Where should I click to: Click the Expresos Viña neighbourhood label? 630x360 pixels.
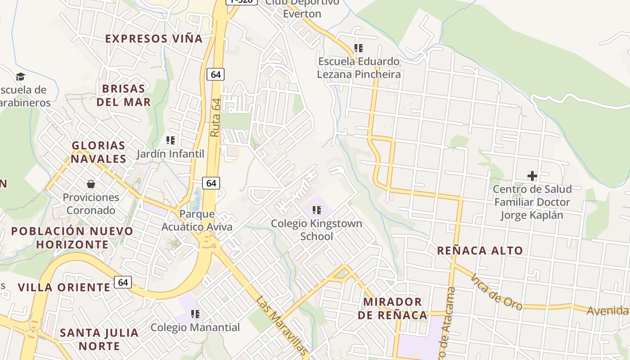click(x=154, y=39)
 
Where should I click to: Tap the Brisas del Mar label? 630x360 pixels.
click(x=123, y=95)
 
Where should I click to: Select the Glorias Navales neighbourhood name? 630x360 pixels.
click(x=99, y=152)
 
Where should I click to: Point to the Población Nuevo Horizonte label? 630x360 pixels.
click(x=72, y=238)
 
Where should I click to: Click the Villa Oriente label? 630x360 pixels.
click(x=64, y=287)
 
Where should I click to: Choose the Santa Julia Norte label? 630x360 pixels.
click(x=99, y=339)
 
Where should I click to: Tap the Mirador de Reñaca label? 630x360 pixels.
click(x=393, y=308)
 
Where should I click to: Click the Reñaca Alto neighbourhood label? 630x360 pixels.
click(x=480, y=251)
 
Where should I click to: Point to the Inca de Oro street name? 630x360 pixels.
click(x=497, y=292)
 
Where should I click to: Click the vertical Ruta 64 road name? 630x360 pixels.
click(x=216, y=117)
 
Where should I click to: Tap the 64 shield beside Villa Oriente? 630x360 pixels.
click(x=123, y=282)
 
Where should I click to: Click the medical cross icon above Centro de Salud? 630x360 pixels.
click(x=532, y=176)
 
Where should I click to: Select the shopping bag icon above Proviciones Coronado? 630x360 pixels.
click(x=91, y=184)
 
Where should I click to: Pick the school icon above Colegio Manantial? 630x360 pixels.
click(x=195, y=314)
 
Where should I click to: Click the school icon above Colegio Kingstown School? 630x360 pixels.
click(x=317, y=210)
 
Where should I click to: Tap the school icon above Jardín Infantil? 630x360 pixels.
click(x=170, y=140)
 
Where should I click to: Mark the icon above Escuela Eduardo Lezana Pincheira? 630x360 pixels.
click(x=358, y=48)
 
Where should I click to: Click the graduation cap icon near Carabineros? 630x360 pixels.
click(x=20, y=76)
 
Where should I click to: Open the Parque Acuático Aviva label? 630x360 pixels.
click(x=197, y=220)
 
